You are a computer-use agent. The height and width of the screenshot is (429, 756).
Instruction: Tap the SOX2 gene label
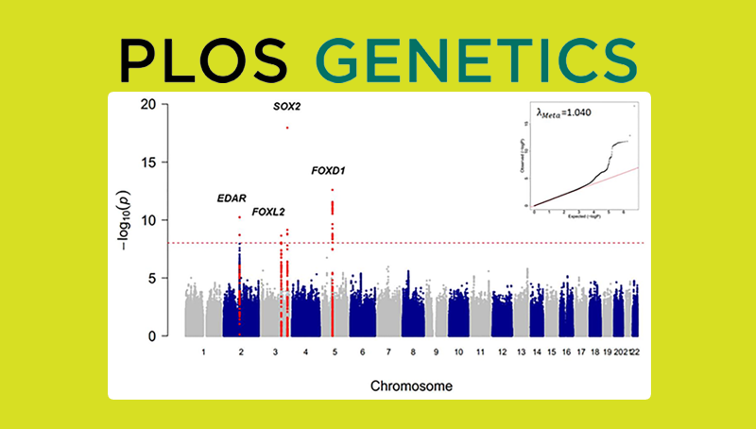pos(286,107)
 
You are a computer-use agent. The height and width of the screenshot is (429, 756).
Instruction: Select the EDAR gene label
pos(232,198)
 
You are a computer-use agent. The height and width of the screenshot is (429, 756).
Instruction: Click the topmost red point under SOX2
pos(287,128)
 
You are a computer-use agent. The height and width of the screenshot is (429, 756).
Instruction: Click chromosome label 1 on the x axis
pos(202,352)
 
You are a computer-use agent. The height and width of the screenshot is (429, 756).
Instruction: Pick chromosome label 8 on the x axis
pos(413,352)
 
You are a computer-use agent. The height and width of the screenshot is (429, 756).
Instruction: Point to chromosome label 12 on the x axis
pos(502,352)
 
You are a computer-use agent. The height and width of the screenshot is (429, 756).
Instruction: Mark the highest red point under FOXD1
pos(333,190)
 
